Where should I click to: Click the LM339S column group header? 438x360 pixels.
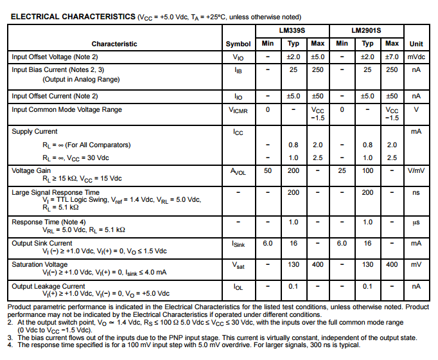[x=293, y=30]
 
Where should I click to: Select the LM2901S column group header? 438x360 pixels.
[x=367, y=30]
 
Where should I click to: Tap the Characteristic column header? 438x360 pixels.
[x=114, y=44]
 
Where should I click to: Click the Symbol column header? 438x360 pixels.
[x=238, y=44]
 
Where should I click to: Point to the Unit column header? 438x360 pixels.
[x=416, y=44]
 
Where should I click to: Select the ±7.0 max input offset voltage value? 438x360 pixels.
[x=392, y=57]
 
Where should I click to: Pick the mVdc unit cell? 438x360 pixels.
[x=416, y=57]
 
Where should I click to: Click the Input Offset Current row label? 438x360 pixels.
[x=55, y=96]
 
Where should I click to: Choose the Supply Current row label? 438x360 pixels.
[x=35, y=131]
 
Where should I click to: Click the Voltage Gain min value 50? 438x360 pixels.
[x=268, y=170]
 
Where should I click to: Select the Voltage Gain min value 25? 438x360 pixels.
[x=342, y=170]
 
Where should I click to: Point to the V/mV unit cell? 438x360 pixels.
[x=416, y=170]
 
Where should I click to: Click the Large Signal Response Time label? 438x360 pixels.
[x=55, y=192]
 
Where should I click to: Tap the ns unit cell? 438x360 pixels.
[x=416, y=192]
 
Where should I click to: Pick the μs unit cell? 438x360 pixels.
[x=416, y=222]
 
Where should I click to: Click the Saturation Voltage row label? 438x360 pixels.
[x=40, y=264]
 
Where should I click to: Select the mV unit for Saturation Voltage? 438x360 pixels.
[x=416, y=264]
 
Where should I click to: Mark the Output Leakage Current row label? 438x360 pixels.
[x=48, y=286]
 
